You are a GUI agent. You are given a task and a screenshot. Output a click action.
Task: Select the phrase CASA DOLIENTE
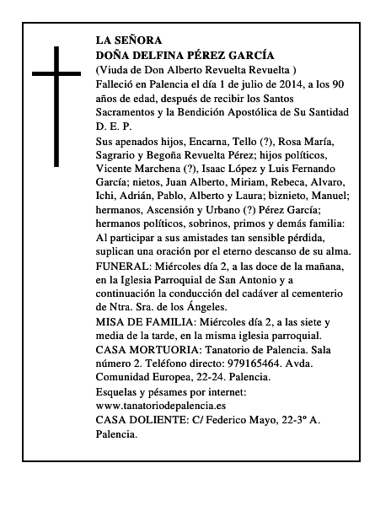140,420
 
